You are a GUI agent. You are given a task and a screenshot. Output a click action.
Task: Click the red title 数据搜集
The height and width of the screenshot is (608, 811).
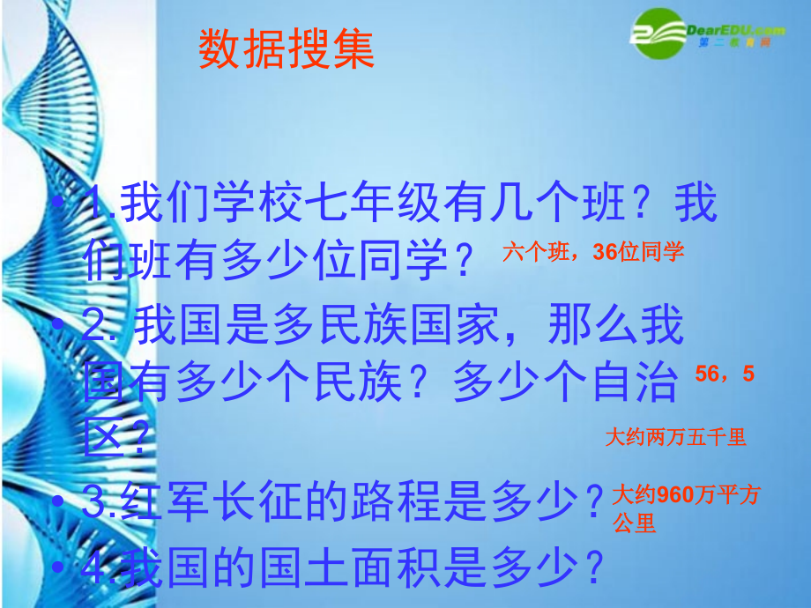point(286,50)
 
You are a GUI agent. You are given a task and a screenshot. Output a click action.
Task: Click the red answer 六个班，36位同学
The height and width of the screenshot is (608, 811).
point(593,253)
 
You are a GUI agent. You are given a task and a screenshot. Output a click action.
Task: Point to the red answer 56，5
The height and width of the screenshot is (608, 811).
point(725,374)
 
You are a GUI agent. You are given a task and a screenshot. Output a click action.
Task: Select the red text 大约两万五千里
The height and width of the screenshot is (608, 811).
point(675,437)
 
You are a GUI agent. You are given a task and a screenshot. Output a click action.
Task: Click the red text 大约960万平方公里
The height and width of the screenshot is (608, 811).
point(685,508)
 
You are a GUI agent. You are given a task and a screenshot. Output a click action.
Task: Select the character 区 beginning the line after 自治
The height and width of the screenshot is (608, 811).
point(101,436)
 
